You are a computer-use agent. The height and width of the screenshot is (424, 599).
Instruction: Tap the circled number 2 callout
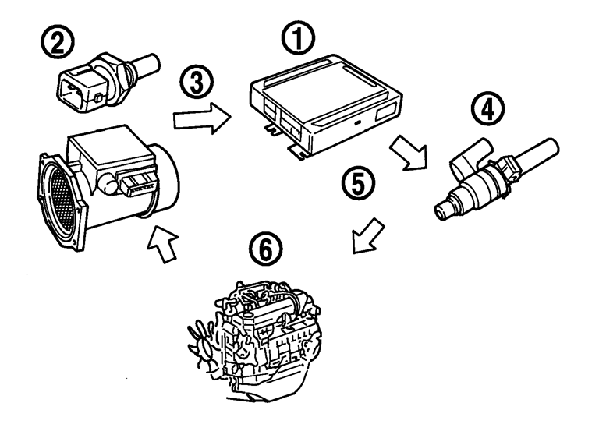(x=58, y=40)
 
